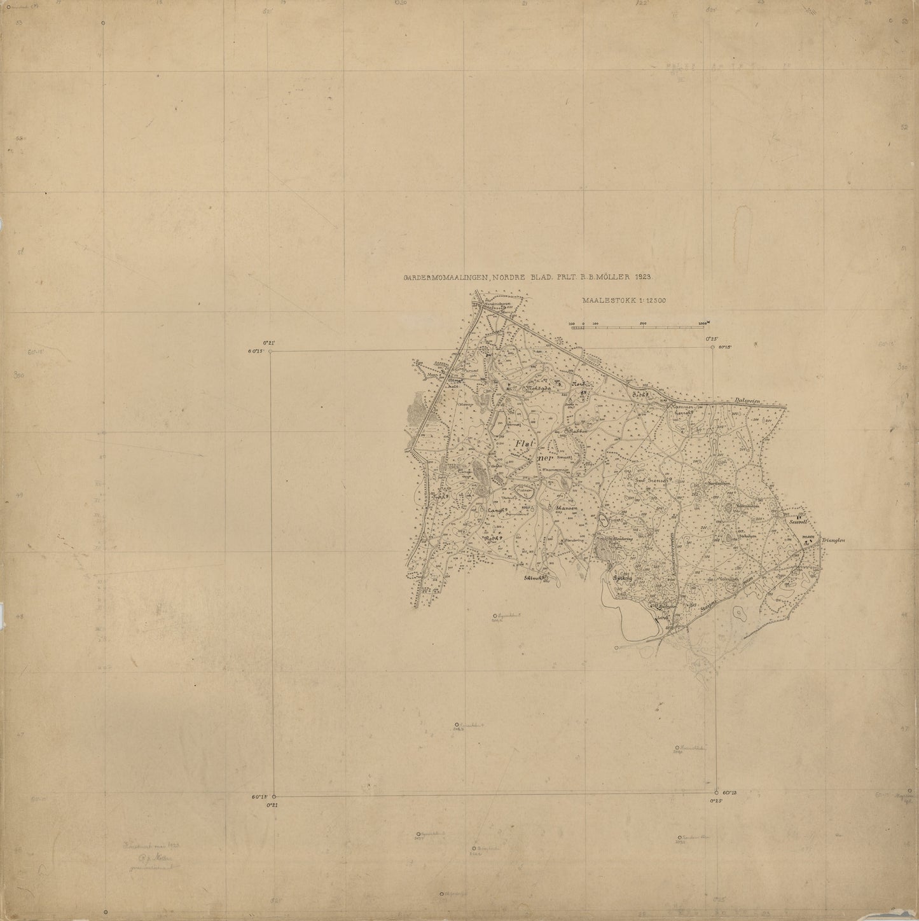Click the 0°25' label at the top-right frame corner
tap(712, 340)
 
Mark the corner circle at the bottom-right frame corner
tap(717, 793)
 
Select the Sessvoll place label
tap(800, 521)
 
